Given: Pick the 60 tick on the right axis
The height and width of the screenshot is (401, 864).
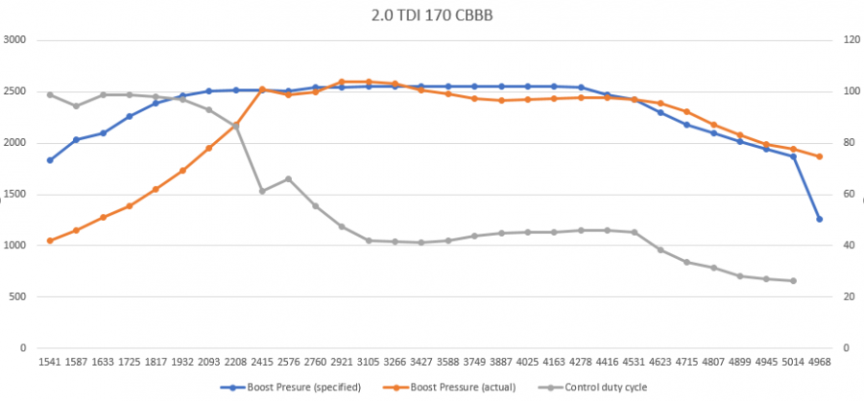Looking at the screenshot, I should tap(844, 194).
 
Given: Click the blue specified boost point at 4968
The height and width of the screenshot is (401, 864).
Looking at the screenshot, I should tap(819, 219).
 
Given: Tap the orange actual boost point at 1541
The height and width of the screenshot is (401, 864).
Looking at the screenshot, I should tap(50, 241).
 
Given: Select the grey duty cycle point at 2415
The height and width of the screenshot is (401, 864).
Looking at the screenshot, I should tap(262, 191).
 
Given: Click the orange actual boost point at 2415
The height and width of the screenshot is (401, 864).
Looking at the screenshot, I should tap(262, 89).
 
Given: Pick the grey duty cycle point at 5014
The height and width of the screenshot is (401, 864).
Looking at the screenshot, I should tap(793, 281).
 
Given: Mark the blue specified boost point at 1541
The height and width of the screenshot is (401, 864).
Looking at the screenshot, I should tap(50, 160).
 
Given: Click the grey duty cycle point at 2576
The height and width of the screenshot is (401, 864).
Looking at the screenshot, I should tap(289, 178).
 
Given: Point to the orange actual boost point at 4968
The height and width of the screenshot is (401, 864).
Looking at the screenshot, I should tap(819, 156).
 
